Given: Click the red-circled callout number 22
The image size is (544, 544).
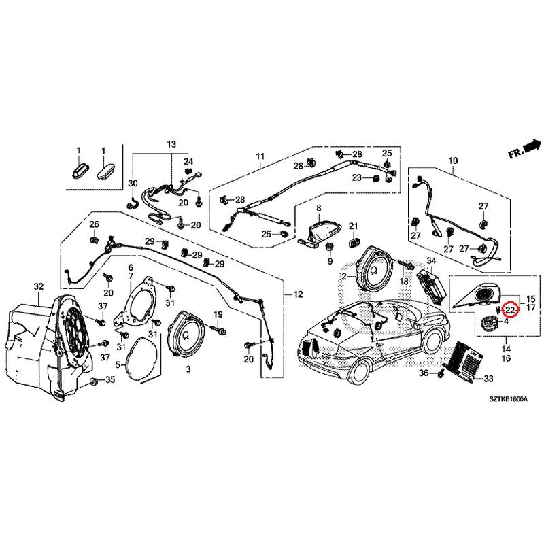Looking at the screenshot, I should point(511,311).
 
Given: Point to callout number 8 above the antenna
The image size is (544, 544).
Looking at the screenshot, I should point(318,207).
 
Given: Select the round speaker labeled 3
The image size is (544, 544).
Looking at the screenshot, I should point(186,333).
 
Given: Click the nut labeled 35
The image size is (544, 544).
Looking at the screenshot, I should point(93,384).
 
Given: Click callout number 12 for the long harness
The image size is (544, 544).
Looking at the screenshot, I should point(297,294).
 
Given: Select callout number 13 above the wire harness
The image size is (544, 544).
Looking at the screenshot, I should point(171,145).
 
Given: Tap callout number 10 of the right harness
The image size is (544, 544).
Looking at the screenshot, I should point(453,161).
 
